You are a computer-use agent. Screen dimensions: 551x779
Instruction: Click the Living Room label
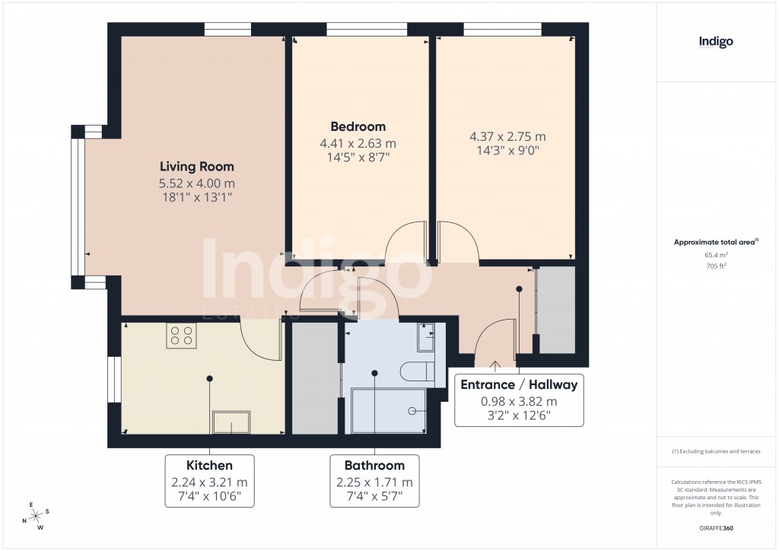pos(196,167)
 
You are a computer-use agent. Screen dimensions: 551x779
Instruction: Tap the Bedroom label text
pos(358,127)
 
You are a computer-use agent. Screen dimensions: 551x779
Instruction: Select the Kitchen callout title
pos(209,465)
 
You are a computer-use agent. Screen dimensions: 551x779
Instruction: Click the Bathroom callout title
pos(374,465)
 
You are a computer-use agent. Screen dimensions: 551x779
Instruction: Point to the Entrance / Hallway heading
pos(519,384)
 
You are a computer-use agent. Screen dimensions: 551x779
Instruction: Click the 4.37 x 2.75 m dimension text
pos(507,137)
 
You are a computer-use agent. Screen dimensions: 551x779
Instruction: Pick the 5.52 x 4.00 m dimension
pos(196,183)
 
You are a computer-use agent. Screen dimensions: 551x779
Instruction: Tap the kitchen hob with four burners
pos(182,336)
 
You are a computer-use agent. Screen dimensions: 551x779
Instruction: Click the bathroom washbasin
pos(426,335)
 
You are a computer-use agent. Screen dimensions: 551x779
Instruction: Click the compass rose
pos(35,515)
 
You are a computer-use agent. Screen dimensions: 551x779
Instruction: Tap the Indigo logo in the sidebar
pos(716,43)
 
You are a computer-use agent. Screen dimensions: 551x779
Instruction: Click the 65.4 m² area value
pos(716,255)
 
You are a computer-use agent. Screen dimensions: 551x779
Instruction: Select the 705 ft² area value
pos(716,266)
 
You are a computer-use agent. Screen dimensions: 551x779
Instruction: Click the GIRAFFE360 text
pos(716,527)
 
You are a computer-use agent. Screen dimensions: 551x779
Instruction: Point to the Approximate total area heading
pos(715,242)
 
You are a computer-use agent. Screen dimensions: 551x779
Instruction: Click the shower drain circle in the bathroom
pos(412,410)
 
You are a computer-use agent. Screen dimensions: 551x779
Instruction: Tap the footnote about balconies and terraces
pos(716,451)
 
